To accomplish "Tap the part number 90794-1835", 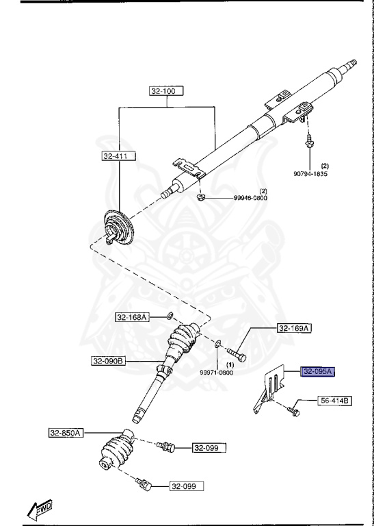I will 312,173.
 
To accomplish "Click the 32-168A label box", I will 131,317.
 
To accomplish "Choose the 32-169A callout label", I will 294,329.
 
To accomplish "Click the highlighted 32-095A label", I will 317,372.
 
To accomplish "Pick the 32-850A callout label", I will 66,432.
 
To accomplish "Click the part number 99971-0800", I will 217,373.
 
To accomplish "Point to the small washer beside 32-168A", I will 169,317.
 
